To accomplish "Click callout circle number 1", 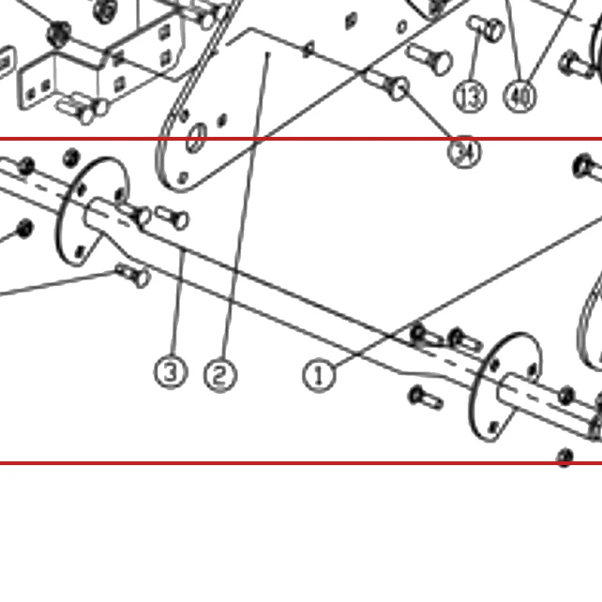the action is click(319, 376).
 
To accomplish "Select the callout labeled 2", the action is click(220, 375).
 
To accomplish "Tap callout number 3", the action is click(171, 371).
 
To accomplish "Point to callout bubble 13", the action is click(471, 98).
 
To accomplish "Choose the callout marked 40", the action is click(520, 96).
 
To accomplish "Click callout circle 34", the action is click(464, 152).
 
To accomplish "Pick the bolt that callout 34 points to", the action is click(387, 83).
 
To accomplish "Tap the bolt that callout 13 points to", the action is click(486, 28).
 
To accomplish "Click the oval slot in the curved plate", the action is click(196, 138).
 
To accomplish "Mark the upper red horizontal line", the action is click(301, 139).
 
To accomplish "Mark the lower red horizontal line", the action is click(301, 463).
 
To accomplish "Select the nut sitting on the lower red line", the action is click(564, 458).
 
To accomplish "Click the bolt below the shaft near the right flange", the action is click(426, 399).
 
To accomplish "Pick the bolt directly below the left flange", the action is click(132, 275).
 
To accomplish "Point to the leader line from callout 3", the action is click(178, 302).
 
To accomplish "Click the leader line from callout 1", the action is click(470, 291).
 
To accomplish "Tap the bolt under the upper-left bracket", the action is click(82, 109).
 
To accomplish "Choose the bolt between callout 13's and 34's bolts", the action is click(430, 59).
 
